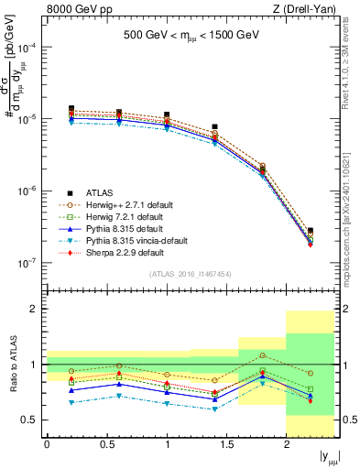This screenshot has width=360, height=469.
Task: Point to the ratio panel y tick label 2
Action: [x=34, y=310]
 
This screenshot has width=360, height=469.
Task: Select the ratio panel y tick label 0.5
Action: [x=29, y=420]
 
